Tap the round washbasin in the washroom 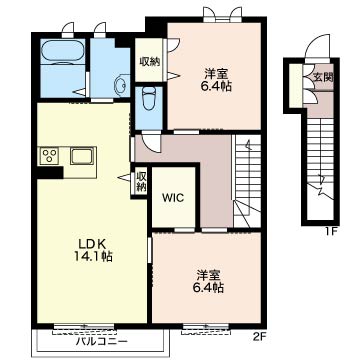coord(121,85)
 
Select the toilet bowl coord(148,99)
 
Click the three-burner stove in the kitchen coord(49,156)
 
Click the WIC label coord(173,198)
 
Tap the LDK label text coord(92,244)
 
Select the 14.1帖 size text coord(92,256)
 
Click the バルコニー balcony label coord(101,341)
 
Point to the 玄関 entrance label coord(323,77)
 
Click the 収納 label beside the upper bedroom coord(150,62)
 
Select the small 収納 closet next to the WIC coord(141,182)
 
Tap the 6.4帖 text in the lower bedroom coord(209,287)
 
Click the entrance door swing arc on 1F coord(317,46)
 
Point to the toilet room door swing coord(150,141)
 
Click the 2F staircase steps coord(247,181)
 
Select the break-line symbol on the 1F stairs coord(322,187)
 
